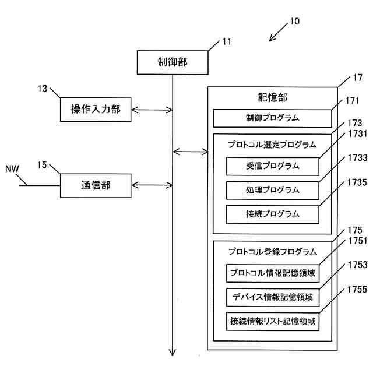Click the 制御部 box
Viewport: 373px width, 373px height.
coord(173,62)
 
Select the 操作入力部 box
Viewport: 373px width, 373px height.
coord(96,110)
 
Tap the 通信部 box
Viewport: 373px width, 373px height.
coord(96,185)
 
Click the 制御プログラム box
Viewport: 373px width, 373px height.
coord(272,118)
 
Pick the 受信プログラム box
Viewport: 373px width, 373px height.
coord(273,166)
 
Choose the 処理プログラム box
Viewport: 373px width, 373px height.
coord(273,191)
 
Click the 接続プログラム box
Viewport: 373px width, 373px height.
coord(273,214)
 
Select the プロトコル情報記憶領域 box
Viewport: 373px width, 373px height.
coord(273,273)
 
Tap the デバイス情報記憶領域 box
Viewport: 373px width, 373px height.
coord(273,297)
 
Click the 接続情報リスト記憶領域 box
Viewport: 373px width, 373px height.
coord(273,322)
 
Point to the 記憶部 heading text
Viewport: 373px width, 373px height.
coord(273,97)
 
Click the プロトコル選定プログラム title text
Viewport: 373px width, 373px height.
coord(272,145)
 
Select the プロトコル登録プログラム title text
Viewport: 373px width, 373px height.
coord(273,252)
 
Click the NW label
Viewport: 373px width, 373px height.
coord(12,169)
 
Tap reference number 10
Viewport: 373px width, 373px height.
coord(295,22)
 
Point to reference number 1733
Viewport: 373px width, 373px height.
coord(357,158)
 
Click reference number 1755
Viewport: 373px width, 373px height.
coord(357,290)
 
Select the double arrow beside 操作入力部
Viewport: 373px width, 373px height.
coord(152,110)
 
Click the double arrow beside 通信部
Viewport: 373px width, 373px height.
coord(152,185)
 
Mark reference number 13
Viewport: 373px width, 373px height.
coord(43,89)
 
